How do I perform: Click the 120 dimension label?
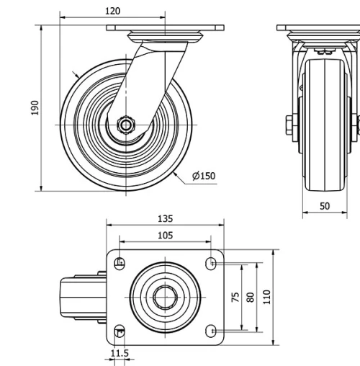112,11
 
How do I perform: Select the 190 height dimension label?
35,107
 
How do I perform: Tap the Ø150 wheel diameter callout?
204,175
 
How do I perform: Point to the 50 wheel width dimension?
325,206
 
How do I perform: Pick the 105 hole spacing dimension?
165,235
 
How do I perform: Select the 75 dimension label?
235,297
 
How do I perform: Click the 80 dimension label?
251,297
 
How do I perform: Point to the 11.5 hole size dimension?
120,353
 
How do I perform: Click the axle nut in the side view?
127,124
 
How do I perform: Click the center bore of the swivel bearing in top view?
165,297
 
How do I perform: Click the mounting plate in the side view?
165,28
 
